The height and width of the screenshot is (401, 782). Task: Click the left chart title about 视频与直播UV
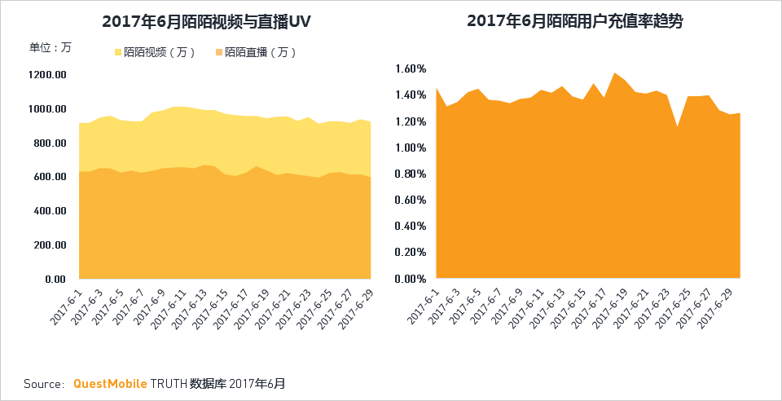[208, 22]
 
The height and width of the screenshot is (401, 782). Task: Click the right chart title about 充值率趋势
[575, 22]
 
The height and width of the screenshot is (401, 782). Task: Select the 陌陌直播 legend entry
[256, 52]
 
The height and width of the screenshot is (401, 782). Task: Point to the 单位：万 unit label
[50, 46]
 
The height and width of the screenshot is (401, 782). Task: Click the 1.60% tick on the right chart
[409, 68]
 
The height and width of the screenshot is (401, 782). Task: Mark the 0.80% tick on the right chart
[409, 174]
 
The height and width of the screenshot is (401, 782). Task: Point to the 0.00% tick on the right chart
[409, 279]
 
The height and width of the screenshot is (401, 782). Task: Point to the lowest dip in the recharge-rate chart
[676, 127]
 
